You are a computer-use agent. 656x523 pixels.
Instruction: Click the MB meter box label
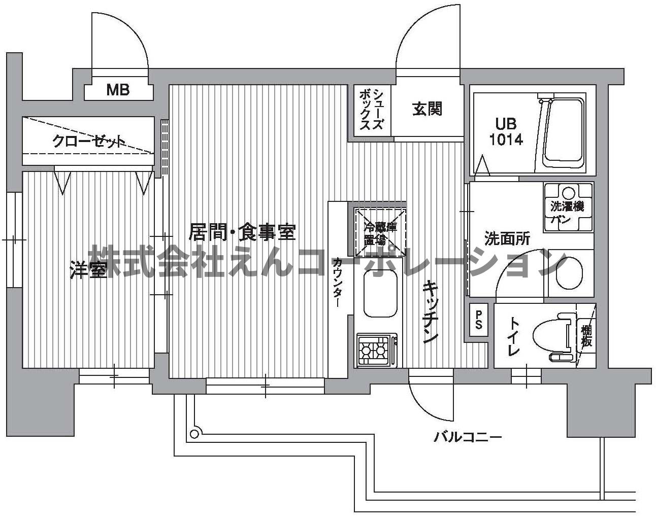(118, 91)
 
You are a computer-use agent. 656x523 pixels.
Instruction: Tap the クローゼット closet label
(89, 142)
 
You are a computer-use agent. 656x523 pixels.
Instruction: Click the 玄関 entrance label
(427, 109)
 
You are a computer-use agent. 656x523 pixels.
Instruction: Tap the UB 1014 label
(506, 131)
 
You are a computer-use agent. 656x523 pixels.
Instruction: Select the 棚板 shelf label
(586, 335)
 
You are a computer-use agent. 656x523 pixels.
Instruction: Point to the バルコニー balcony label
(468, 437)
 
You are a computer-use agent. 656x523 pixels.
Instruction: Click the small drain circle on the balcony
(193, 434)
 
